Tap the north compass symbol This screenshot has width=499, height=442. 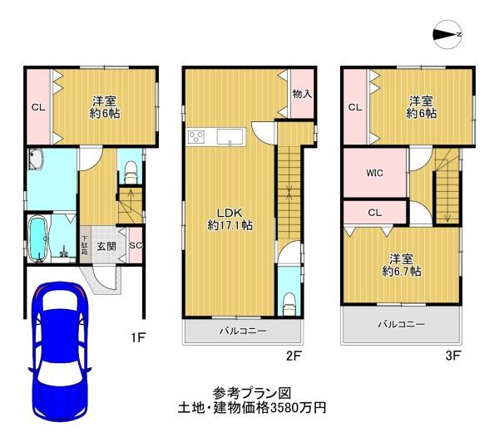coord(447,34)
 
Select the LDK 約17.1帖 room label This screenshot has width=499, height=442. coord(230,219)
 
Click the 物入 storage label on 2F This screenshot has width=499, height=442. coord(302,94)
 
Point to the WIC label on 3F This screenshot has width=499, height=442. coord(374,173)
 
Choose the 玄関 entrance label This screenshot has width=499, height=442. coord(106,246)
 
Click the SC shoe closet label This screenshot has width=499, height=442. coord(136,245)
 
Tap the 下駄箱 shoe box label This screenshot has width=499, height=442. coord(85,245)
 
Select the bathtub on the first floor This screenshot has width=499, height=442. coord(38,238)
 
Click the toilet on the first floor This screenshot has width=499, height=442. coord(131,172)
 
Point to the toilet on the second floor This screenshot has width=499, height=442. coord(289,304)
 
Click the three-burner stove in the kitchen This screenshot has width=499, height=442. coord(196,138)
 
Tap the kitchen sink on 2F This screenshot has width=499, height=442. coord(230,137)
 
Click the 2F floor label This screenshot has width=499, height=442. coord(294,356)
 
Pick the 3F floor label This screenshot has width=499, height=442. coord(453,356)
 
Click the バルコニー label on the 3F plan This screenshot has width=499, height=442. coord(401,324)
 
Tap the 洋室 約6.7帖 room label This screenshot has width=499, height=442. coord(402,265)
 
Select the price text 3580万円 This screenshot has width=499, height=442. coord(298,408)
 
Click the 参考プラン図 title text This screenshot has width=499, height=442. coord(252,394)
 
